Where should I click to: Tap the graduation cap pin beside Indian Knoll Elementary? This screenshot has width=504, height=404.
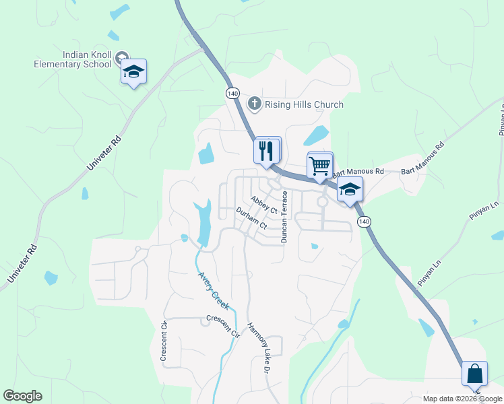click(x=133, y=72)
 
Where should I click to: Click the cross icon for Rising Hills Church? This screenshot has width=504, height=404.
click(x=255, y=104)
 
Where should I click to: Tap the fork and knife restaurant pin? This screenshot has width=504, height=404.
click(x=267, y=149)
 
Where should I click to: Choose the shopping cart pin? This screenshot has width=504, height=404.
click(x=319, y=165)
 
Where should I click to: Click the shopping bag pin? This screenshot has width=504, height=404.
click(x=474, y=374)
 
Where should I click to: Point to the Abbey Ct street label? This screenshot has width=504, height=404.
click(x=264, y=204)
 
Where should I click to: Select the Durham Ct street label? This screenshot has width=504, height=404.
click(x=251, y=218)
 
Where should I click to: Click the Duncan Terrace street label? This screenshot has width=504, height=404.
click(x=284, y=217)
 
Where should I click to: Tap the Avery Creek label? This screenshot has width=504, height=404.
click(x=214, y=290)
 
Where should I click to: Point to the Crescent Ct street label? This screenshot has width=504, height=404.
click(x=164, y=341)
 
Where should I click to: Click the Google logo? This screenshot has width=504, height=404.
click(x=22, y=396)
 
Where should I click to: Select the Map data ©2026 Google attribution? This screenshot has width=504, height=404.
click(x=462, y=399)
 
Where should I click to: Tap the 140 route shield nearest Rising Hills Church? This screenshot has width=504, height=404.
click(x=232, y=92)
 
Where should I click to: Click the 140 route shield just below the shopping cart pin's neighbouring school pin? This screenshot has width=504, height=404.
click(x=364, y=222)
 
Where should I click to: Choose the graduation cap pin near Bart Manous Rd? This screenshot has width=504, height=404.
click(x=350, y=190)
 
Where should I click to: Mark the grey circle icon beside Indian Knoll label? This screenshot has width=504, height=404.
click(x=121, y=56)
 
